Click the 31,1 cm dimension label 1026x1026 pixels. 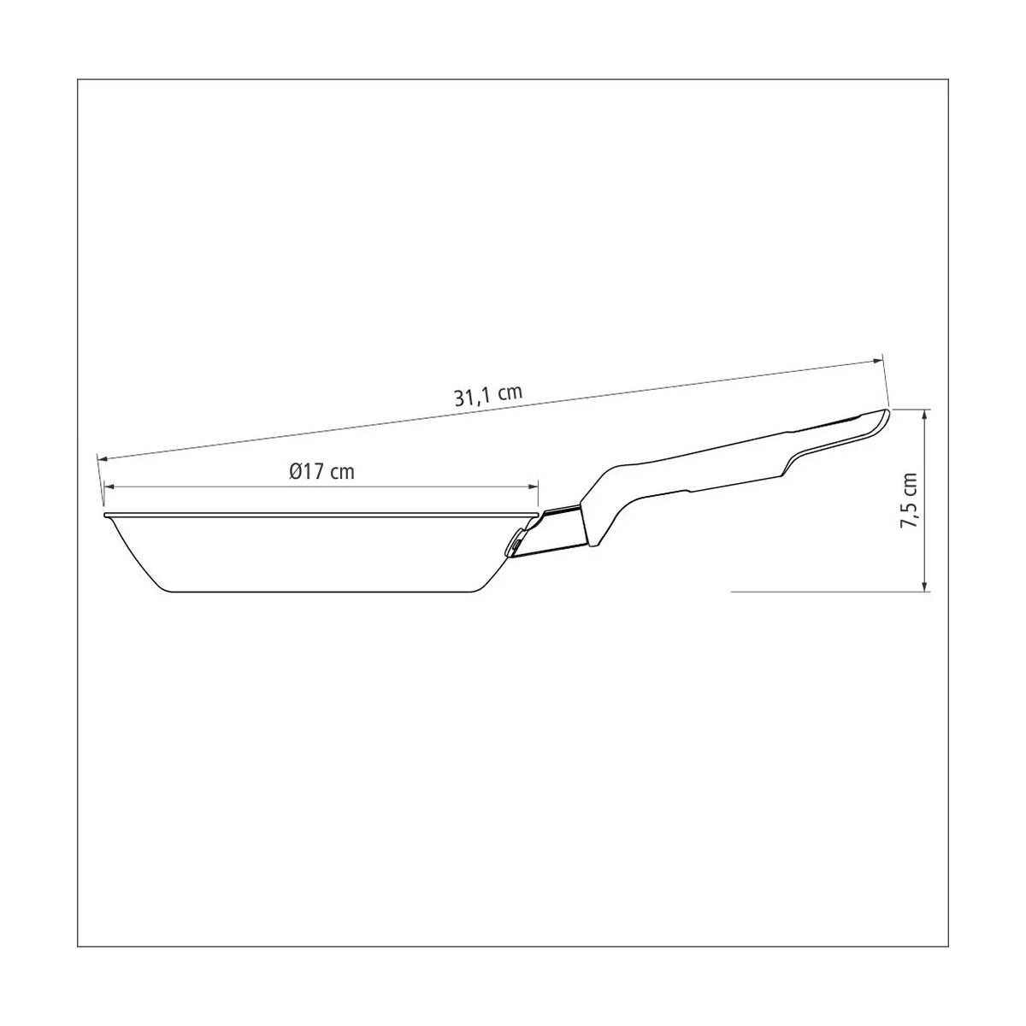coord(487,396)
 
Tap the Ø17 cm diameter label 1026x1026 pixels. coord(321,471)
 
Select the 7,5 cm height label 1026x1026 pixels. coord(909,500)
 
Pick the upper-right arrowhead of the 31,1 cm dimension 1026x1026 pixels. coord(876,362)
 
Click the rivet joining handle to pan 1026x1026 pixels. coord(517,544)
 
